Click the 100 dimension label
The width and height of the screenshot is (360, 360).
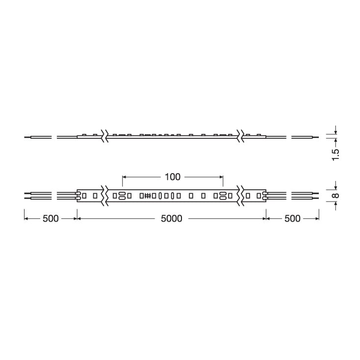(173, 177)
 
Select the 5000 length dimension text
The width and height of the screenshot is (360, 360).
(172, 219)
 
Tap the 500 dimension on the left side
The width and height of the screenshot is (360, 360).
(51, 219)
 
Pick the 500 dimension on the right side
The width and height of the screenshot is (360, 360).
(292, 219)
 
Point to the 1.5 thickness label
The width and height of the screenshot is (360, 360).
(335, 155)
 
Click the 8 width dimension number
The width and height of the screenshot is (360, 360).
(335, 196)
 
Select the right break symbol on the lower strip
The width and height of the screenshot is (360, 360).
(240, 196)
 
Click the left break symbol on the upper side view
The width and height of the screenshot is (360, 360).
(104, 136)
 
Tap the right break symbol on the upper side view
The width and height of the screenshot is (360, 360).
(240, 136)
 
